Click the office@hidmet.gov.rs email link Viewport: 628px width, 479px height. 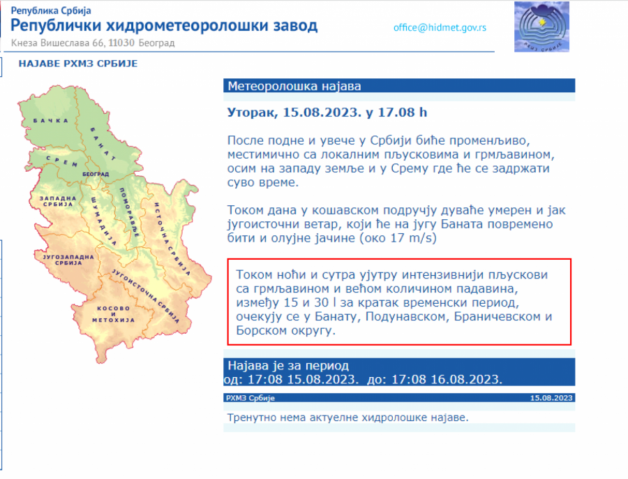[x=440, y=28]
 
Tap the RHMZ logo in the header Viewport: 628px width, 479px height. [x=541, y=27]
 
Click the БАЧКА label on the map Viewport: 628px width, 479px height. [x=50, y=121]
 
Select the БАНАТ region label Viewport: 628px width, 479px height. [x=103, y=144]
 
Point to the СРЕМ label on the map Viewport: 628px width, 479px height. [x=62, y=161]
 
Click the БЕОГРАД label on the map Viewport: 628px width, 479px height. [x=96, y=175]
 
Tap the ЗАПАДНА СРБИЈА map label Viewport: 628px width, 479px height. [x=58, y=201]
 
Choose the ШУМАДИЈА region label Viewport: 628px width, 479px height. [x=103, y=221]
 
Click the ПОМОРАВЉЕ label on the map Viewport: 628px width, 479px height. [x=129, y=212]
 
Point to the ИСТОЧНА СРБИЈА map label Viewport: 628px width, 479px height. [x=172, y=239]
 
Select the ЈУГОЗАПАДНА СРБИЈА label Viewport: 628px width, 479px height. [x=68, y=260]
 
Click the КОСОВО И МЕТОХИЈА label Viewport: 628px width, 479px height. [x=113, y=314]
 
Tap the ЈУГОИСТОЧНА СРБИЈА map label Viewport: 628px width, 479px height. [x=145, y=296]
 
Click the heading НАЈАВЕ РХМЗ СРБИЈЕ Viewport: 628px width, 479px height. [x=78, y=64]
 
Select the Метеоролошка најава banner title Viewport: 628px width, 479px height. [x=294, y=86]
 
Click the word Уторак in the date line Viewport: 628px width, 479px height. [x=253, y=112]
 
